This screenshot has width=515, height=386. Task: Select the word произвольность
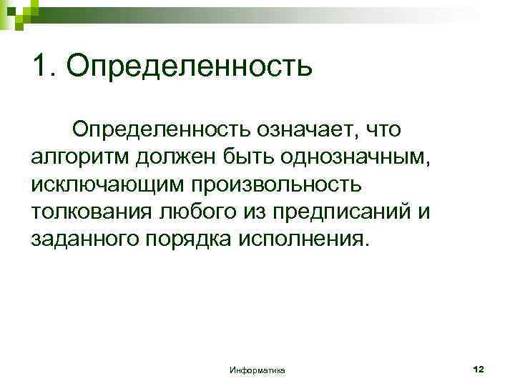pyautogui.click(x=276, y=184)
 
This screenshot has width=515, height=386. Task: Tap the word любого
pyautogui.click(x=197, y=212)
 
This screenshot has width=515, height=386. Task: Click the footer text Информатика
pyautogui.click(x=257, y=371)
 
